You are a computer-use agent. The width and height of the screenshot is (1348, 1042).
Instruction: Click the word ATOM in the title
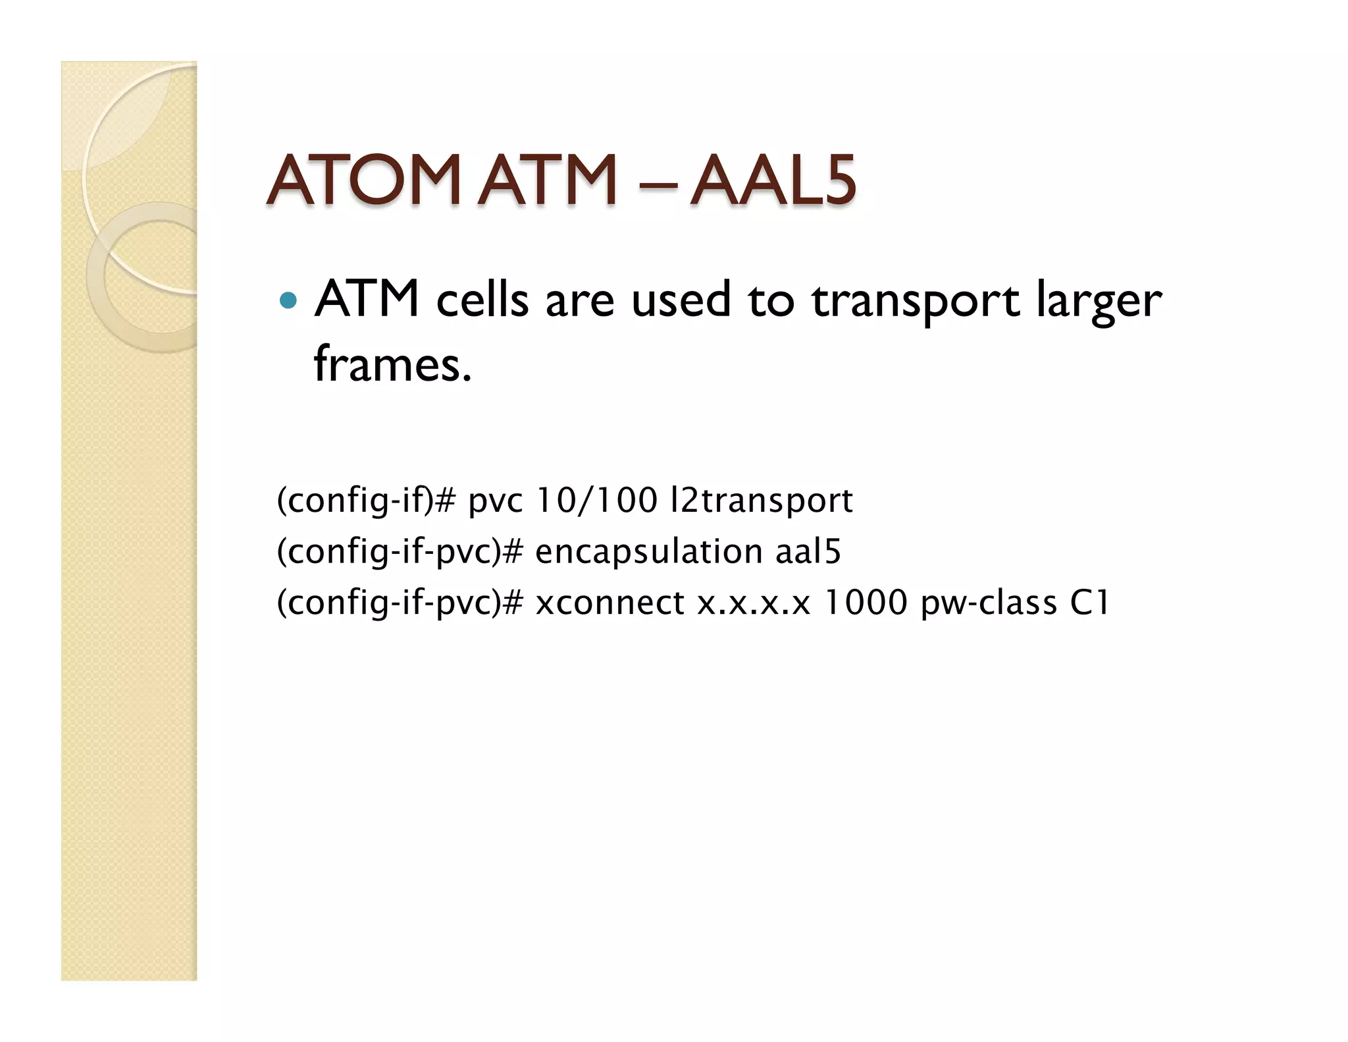click(x=362, y=180)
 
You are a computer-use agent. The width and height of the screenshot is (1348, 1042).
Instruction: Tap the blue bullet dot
click(x=288, y=301)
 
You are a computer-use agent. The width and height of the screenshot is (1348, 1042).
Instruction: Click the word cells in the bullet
click(x=482, y=301)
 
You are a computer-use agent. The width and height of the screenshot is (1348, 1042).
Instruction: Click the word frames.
click(x=392, y=364)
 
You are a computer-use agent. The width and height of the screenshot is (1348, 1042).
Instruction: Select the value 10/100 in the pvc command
click(x=596, y=501)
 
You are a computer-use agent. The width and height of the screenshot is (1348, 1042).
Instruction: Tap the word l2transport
click(x=760, y=501)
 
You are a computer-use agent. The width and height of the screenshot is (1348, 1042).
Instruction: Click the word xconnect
click(x=609, y=603)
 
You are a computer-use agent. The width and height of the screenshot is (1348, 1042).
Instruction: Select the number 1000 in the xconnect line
click(x=866, y=603)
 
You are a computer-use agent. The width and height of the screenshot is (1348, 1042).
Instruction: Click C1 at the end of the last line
click(x=1090, y=603)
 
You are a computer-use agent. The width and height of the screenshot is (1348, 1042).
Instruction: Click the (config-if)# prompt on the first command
click(x=366, y=501)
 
